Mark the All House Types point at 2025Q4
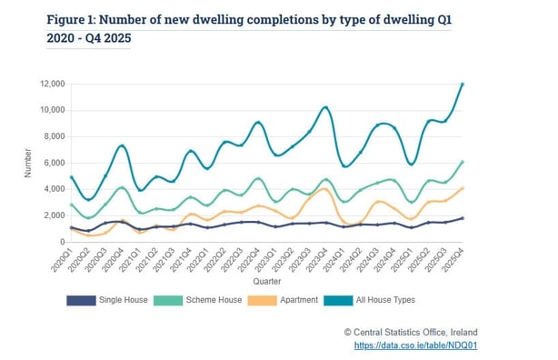coord(463,85)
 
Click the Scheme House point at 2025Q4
coord(463,162)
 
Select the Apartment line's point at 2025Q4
coord(463,188)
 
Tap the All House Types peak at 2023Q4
coord(325,107)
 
